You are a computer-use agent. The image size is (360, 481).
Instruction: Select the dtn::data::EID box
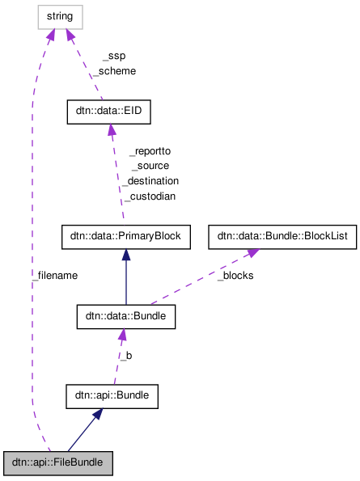coord(109,112)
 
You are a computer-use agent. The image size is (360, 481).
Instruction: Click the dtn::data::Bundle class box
coord(125,316)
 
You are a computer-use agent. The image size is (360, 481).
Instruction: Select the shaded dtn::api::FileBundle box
coord(57,463)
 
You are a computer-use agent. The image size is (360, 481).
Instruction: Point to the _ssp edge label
coord(113,56)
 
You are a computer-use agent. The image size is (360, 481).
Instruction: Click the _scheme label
coord(113,70)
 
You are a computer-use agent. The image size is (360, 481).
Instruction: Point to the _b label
coord(125,355)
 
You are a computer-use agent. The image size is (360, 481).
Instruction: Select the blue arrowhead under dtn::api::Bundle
coord(97,415)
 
